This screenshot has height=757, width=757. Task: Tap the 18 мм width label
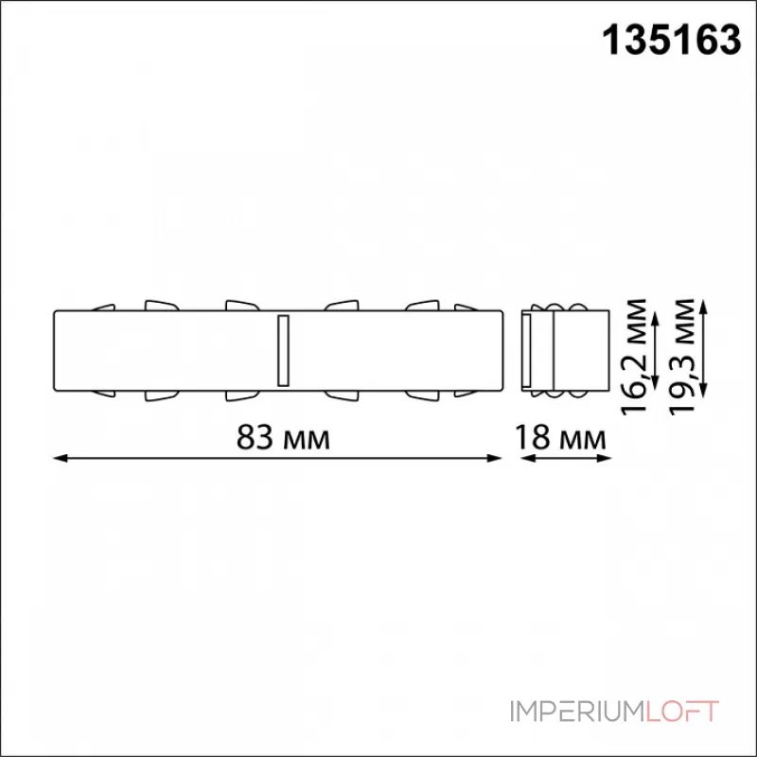(x=561, y=437)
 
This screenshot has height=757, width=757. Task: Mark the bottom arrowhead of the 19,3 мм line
(x=704, y=392)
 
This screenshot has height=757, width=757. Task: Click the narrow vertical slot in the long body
(x=280, y=351)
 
